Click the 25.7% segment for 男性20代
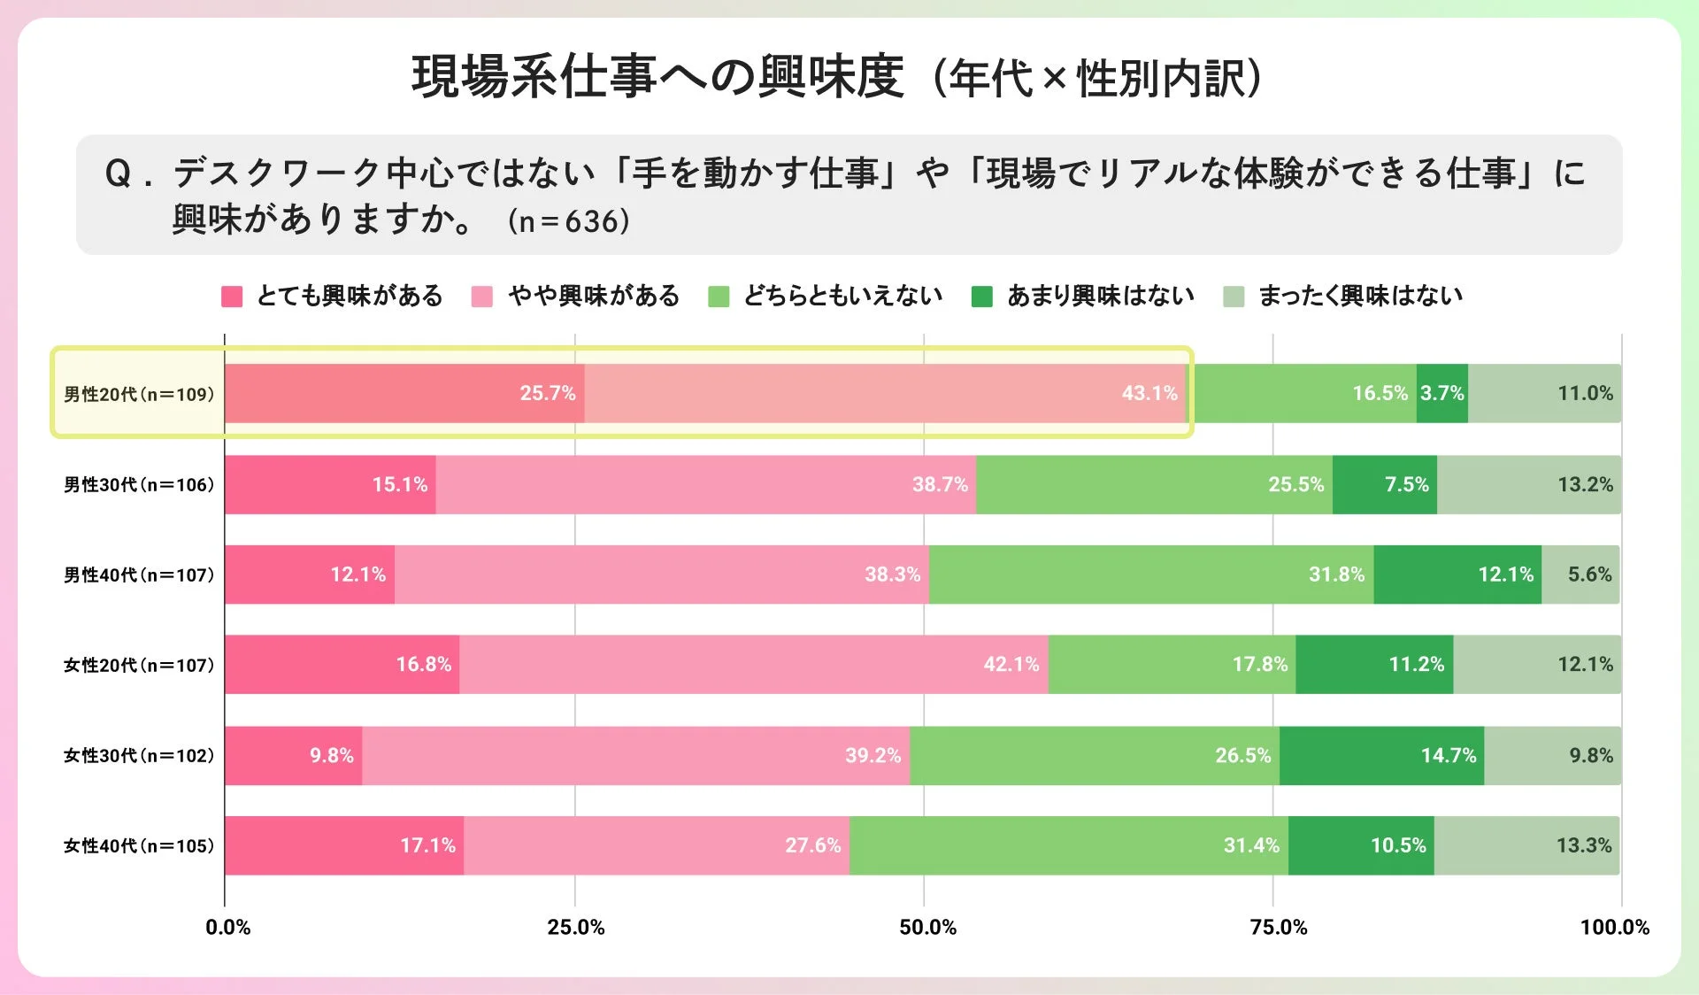(404, 393)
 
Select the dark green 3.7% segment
(1441, 393)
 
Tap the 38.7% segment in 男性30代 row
(705, 484)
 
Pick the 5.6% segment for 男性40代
(1580, 575)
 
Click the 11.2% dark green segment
(1373, 664)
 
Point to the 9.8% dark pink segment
(293, 755)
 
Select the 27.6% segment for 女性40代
(656, 845)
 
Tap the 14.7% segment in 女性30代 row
(1381, 755)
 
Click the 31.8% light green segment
(1150, 575)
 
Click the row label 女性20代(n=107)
(139, 665)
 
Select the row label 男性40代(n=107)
(139, 575)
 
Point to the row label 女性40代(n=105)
(139, 845)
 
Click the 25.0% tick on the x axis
(575, 927)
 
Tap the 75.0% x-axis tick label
(1278, 927)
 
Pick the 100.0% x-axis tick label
(1614, 927)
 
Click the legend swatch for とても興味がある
(232, 296)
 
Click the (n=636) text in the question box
(568, 221)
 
